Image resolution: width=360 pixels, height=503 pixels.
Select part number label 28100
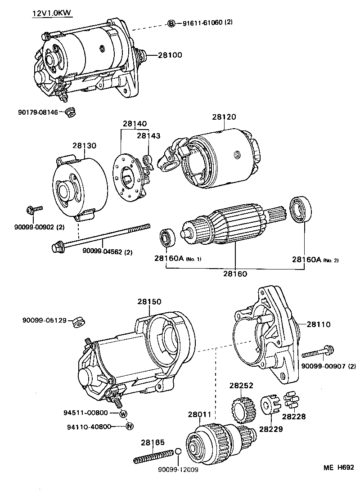170,55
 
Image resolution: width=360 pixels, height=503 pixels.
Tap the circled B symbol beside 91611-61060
171,23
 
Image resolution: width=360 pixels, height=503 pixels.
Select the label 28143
148,135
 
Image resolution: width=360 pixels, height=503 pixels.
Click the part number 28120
224,117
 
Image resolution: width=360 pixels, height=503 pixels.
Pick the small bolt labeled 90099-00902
33,209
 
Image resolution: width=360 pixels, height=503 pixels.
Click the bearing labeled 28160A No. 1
167,238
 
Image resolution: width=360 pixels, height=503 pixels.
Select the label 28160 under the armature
235,273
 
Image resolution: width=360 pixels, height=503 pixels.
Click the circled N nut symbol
129,426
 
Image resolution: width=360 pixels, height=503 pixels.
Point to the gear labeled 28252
242,406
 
